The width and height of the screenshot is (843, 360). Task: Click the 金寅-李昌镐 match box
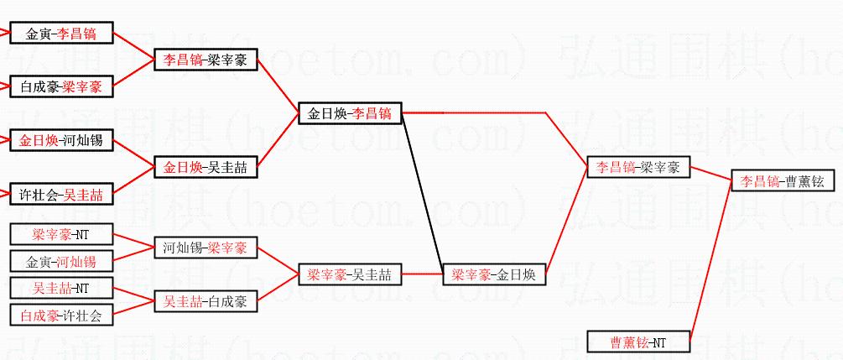point(60,34)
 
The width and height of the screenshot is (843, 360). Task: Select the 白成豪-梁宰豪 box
point(60,86)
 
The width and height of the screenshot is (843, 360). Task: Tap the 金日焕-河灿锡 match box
point(60,140)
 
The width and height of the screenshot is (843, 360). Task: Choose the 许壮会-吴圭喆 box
point(60,195)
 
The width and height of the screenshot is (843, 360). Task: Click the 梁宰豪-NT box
point(60,235)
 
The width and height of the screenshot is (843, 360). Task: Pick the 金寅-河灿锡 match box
point(60,262)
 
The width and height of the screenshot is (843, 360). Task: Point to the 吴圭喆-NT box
point(60,288)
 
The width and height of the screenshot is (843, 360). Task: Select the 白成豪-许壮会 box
point(60,316)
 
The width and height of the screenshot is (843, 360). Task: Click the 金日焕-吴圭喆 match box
point(205,167)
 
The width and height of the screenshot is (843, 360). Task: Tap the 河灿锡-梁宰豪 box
point(205,248)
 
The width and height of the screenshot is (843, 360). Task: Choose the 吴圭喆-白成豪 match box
point(205,300)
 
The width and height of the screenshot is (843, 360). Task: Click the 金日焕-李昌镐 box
point(349,113)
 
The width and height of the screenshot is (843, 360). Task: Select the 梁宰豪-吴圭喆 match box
point(349,274)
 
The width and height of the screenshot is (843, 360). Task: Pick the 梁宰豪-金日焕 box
point(493,274)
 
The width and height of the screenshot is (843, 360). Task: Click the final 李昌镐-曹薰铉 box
point(782,180)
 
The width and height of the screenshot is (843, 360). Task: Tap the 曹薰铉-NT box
point(637,342)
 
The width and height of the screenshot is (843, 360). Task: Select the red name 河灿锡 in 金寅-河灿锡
point(76,262)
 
